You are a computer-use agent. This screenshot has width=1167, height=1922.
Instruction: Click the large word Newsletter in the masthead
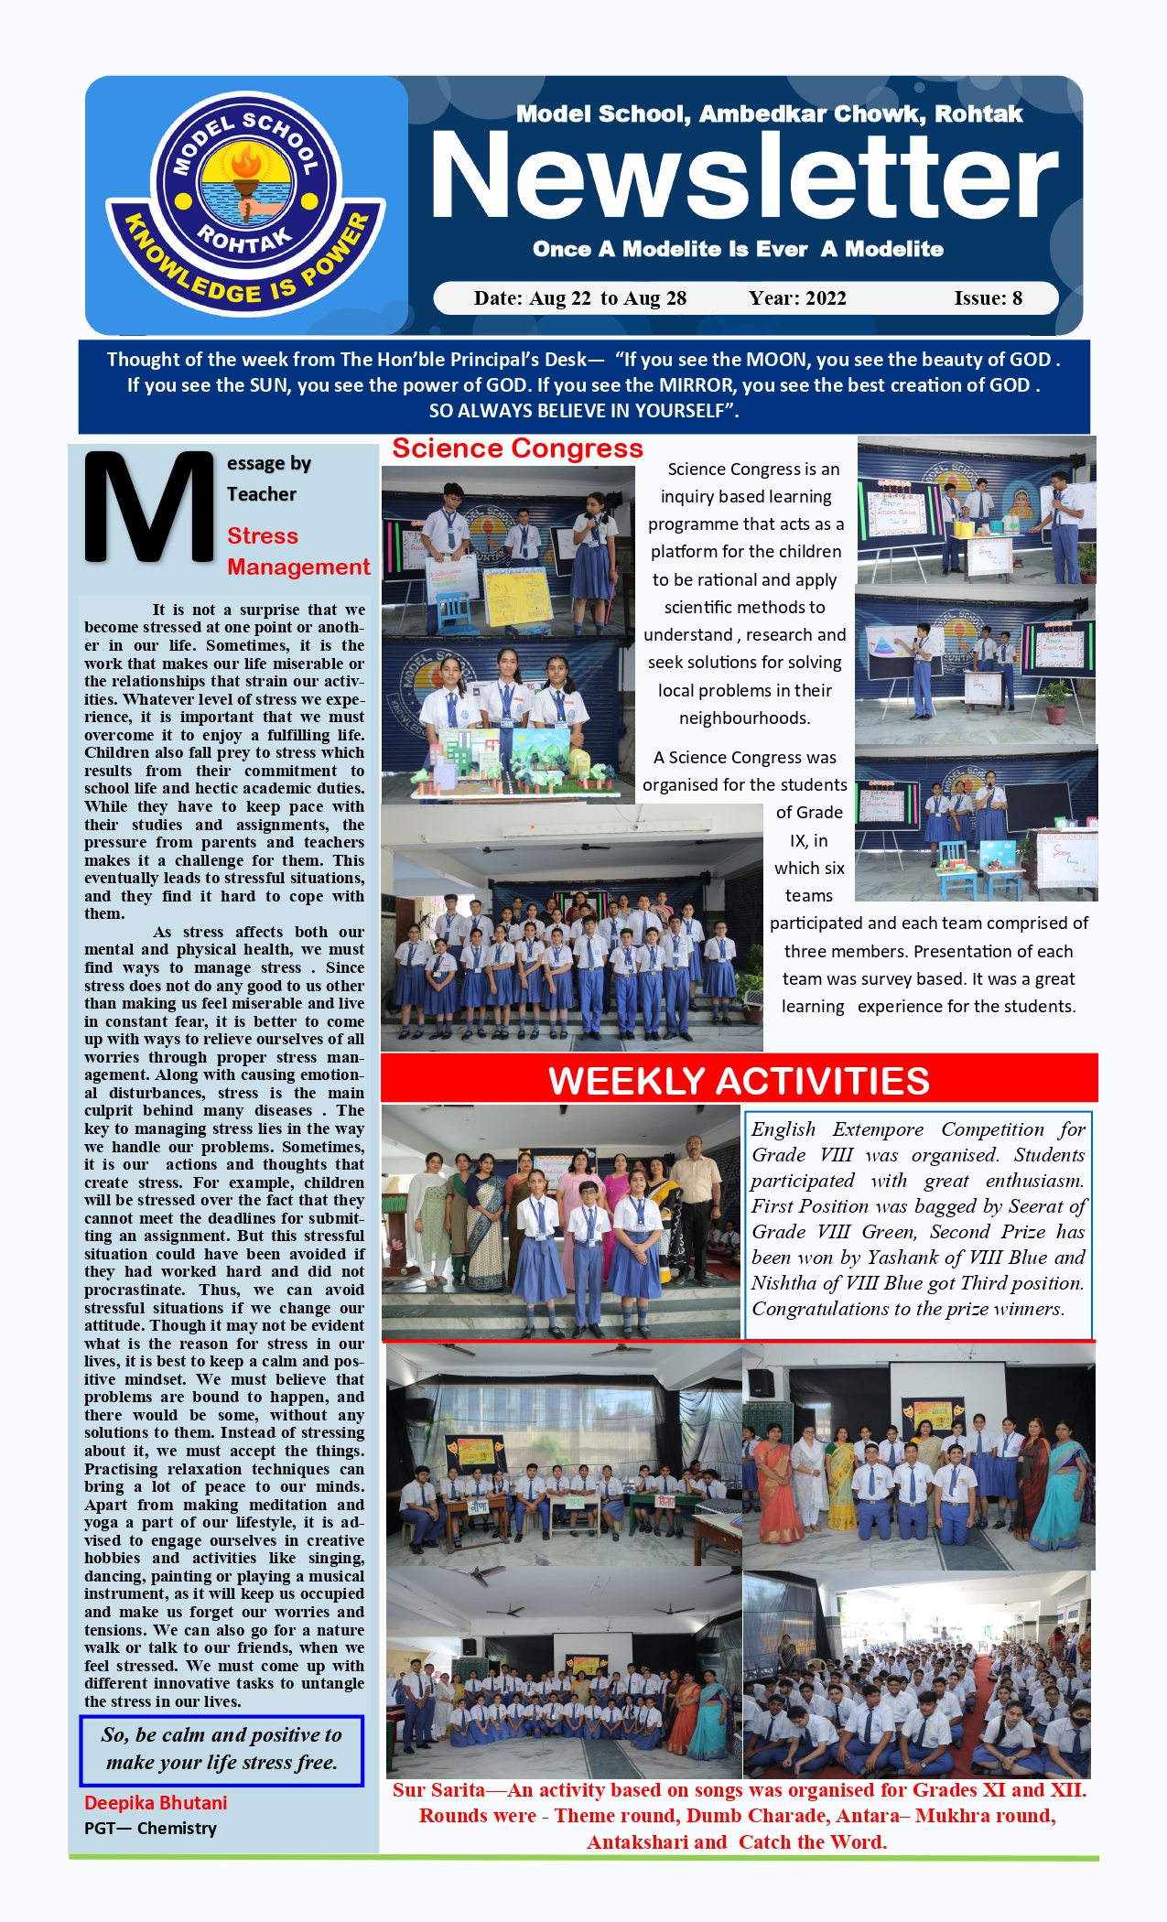[743, 176]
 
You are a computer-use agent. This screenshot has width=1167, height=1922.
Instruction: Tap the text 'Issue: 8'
[988, 298]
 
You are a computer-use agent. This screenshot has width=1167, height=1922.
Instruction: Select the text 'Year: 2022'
[797, 298]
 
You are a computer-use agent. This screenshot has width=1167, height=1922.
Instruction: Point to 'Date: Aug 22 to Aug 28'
[579, 298]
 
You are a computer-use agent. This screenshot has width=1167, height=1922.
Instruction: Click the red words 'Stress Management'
[297, 552]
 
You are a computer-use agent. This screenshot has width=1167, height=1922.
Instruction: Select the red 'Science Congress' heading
[517, 448]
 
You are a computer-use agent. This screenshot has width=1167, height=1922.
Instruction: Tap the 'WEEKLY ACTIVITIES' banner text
[739, 1081]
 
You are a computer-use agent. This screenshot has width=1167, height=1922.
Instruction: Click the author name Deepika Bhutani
[156, 1803]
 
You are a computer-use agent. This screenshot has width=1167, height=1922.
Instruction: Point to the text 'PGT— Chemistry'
[150, 1829]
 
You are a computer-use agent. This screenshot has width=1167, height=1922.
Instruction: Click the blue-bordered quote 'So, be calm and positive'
[222, 1749]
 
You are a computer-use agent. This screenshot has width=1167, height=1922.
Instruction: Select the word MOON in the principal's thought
[776, 360]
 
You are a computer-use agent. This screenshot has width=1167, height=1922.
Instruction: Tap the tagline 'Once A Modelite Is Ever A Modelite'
[738, 249]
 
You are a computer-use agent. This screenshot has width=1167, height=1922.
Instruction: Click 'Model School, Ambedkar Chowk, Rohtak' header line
[769, 114]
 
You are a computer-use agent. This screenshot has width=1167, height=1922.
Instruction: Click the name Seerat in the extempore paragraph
[1037, 1206]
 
